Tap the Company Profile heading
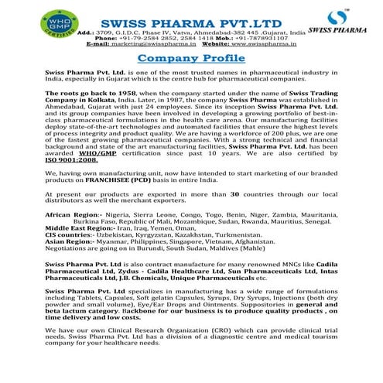click(x=191, y=59)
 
